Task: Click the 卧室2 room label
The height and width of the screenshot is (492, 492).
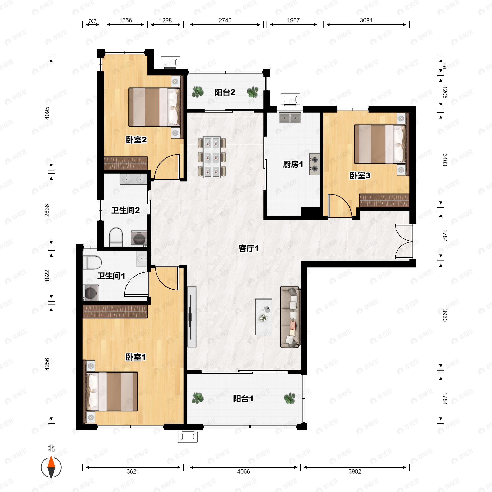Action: tap(136, 140)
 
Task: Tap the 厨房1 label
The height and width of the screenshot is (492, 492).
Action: tap(293, 164)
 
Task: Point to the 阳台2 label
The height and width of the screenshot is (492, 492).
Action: tap(225, 92)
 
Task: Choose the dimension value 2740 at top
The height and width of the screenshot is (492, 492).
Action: tap(225, 20)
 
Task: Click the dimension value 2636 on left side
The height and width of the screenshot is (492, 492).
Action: tap(47, 210)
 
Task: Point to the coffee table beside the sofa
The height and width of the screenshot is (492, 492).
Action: tap(264, 317)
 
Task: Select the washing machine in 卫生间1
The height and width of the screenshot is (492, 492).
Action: tap(91, 293)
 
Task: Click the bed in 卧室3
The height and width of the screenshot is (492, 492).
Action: tap(380, 144)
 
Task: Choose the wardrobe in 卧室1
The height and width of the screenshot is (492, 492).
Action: tap(115, 311)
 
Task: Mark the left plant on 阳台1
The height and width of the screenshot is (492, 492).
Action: tap(198, 398)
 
